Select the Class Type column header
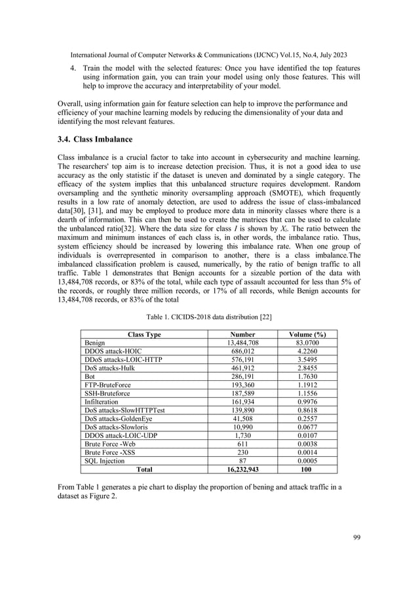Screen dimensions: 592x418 coord(139,334)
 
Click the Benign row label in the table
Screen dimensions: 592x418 coord(95,343)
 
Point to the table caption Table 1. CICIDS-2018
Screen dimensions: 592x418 coord(209,317)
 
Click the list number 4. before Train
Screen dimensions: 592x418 coord(73,68)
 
